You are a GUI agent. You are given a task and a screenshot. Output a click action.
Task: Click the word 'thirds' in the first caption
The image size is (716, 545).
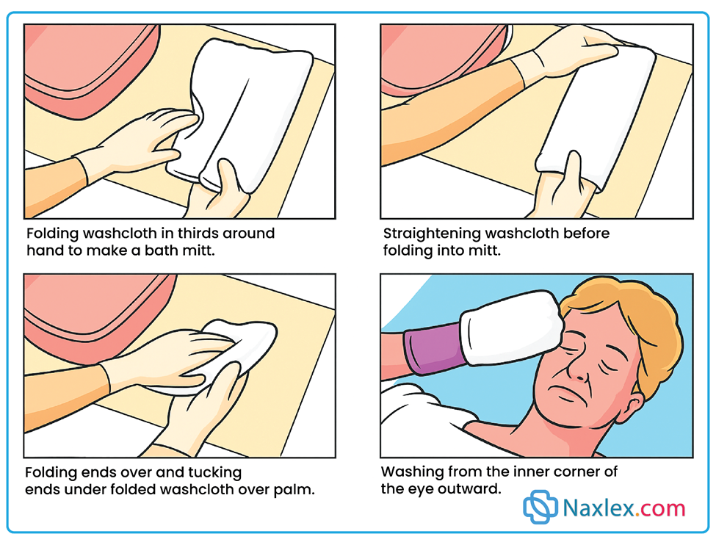198,234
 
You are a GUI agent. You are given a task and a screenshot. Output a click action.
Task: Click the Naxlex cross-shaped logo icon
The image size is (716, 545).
540,507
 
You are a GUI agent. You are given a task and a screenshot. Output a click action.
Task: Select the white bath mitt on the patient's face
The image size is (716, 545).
510,328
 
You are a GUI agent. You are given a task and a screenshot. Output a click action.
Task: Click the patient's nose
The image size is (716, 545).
580,368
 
